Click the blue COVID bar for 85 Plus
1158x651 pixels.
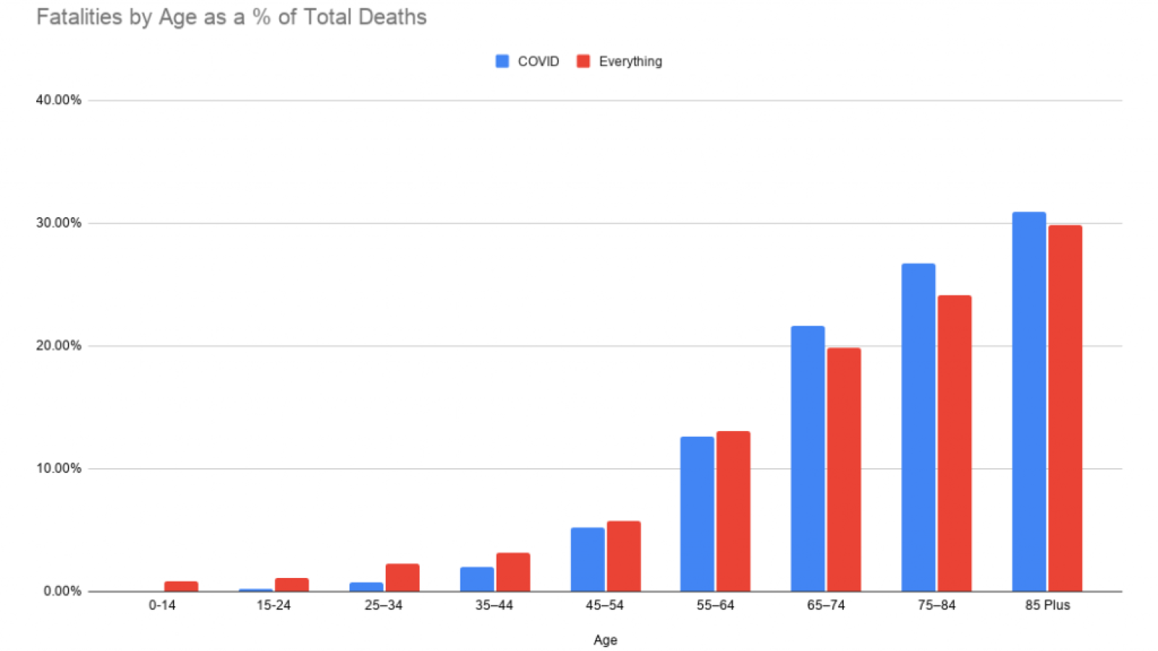[1028, 401]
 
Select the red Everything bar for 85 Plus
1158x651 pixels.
[1065, 409]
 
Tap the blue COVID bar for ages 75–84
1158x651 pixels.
[918, 427]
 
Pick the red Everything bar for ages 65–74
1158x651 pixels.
[844, 470]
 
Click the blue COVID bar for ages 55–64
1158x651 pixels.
[697, 514]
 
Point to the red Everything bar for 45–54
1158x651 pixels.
[623, 556]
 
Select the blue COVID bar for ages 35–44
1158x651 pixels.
[477, 579]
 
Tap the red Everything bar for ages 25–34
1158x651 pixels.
[402, 577]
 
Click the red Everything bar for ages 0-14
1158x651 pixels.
[181, 586]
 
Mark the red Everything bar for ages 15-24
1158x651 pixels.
[292, 584]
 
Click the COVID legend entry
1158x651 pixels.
[528, 61]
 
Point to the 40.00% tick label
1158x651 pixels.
[59, 100]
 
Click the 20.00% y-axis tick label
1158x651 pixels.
[59, 346]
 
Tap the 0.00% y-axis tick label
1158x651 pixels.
[62, 591]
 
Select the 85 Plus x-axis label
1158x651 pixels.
[1047, 605]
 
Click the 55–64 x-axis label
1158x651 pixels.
[715, 605]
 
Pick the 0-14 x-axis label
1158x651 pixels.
[162, 605]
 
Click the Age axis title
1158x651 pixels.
[605, 639]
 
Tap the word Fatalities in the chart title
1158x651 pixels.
[80, 17]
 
